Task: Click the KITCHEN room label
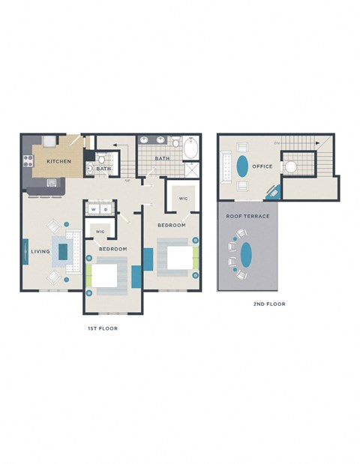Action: point(58,161)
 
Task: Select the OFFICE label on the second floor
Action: point(262,166)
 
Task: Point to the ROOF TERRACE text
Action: point(247,216)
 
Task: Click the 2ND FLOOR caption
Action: point(269,304)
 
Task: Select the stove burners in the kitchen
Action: point(30,160)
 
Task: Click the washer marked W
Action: point(94,210)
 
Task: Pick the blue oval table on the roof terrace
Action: point(247,255)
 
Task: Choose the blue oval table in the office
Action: point(242,165)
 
